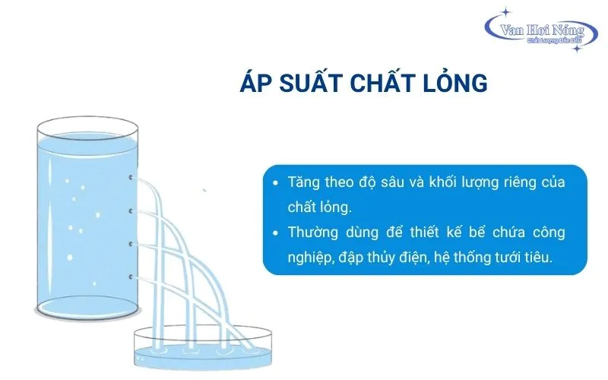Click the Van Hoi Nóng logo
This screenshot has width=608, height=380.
coord(541,30)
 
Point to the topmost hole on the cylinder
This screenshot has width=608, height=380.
coord(131,177)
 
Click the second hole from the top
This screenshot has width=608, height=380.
coord(131,211)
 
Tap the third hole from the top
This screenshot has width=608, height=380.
coord(131,244)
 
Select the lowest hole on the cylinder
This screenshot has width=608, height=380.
coord(131,277)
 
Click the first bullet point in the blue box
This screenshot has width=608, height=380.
coord(276,182)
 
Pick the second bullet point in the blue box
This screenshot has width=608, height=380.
coord(276,233)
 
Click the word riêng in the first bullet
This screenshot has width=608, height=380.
coord(523,183)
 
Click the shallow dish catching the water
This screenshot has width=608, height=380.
coord(203,348)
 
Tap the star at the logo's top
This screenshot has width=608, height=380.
coord(505,12)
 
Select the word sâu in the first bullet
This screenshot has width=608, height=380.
coord(391,182)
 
